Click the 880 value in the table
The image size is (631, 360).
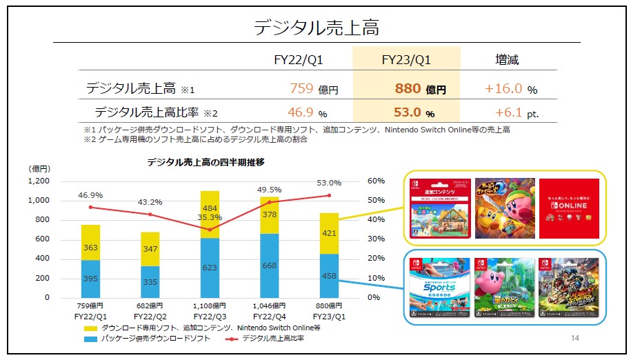tap(408, 89)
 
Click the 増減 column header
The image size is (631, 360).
tap(507, 60)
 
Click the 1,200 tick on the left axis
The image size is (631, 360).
tap(39, 181)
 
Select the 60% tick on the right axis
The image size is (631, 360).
tap(376, 181)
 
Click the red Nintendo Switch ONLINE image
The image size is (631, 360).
tap(569, 208)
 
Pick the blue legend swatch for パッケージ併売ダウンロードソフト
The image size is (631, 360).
tap(89, 339)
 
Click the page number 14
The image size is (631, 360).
tap(576, 339)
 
